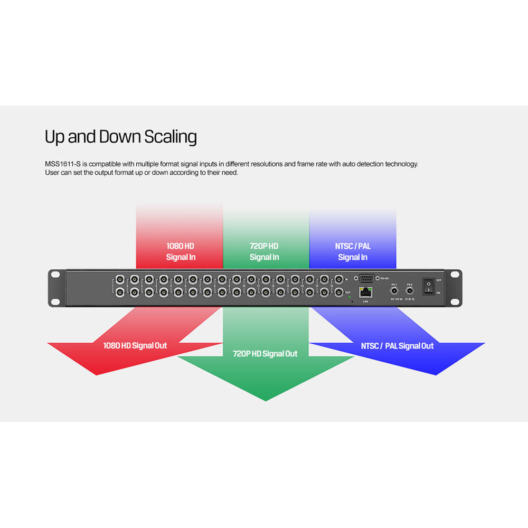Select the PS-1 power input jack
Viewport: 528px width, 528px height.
pyautogui.click(x=393, y=290)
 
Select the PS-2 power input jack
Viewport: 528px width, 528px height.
pyautogui.click(x=409, y=290)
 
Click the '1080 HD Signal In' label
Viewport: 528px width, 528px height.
pyautogui.click(x=181, y=252)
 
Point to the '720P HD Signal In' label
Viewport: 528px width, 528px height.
pyautogui.click(x=264, y=252)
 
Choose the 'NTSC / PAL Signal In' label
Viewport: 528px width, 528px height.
pyautogui.click(x=353, y=252)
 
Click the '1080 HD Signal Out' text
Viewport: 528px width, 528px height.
pyautogui.click(x=135, y=345)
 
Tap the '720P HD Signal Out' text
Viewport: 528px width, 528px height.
pyautogui.click(x=265, y=354)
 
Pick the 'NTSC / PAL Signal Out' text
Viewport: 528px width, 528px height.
pyautogui.click(x=397, y=346)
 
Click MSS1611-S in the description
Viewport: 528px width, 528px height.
pyautogui.click(x=63, y=164)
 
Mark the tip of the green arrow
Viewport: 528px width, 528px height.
pyautogui.click(x=266, y=400)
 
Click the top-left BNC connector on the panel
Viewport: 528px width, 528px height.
pyautogui.click(x=120, y=279)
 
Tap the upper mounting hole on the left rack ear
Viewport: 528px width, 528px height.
pyautogui.click(x=55, y=275)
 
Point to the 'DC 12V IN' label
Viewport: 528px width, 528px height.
pyautogui.click(x=397, y=299)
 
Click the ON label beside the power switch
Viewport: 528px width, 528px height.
pyautogui.click(x=438, y=293)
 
